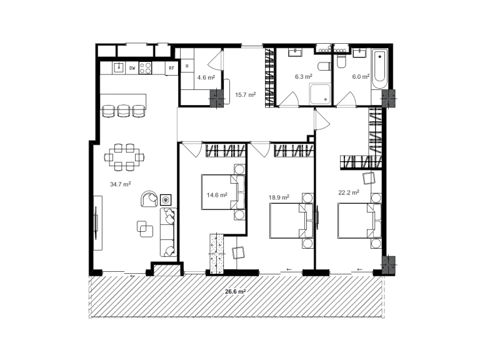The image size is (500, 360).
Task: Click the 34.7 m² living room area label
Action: click(120, 184)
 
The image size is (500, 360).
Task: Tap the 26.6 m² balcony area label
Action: click(236, 291)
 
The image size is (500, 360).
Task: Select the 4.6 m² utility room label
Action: click(206, 77)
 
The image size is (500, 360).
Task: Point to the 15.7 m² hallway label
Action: click(245, 95)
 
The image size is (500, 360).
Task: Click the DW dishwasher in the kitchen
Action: click(132, 68)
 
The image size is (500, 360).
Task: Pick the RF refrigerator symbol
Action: click(171, 68)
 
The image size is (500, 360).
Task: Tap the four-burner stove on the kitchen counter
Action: click(145, 68)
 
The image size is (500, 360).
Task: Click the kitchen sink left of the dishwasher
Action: click(119, 67)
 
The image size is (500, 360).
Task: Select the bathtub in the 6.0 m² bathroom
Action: click(380, 66)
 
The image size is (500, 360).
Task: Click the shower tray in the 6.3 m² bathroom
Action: click(320, 94)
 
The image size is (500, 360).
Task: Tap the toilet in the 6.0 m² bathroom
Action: click(341, 61)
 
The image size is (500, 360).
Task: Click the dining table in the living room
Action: click(124, 157)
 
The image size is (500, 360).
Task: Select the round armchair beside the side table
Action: click(149, 199)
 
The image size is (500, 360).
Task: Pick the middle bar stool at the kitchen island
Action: click(123, 111)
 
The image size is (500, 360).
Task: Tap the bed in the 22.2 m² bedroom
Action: click(359, 221)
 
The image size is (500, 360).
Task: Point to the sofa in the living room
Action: click(168, 232)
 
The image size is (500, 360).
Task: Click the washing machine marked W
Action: click(187, 66)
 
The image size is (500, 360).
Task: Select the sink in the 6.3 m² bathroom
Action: click(295, 52)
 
